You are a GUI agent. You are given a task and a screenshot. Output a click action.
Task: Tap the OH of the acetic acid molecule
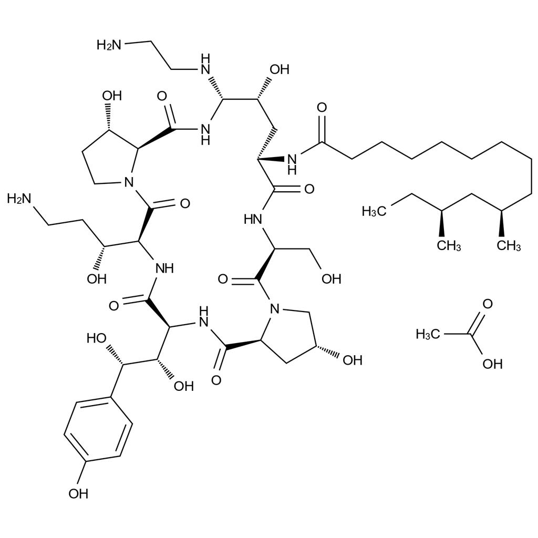point(492,363)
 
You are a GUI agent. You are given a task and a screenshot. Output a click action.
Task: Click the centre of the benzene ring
point(97,431)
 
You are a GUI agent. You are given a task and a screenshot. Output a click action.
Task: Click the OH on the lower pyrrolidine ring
point(351,360)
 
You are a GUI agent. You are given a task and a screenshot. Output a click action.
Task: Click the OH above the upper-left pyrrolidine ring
point(112,96)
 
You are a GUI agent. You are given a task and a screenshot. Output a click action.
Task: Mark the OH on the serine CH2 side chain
point(332,278)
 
